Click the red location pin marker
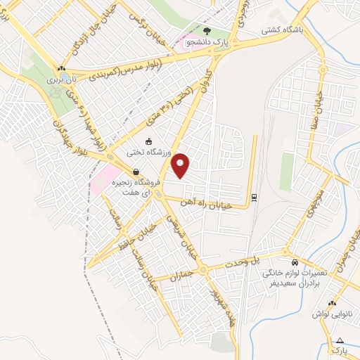pyautogui.click(x=181, y=165)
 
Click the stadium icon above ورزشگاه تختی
pyautogui.click(x=148, y=141)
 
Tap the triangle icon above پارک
pyautogui.click(x=340, y=340)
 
